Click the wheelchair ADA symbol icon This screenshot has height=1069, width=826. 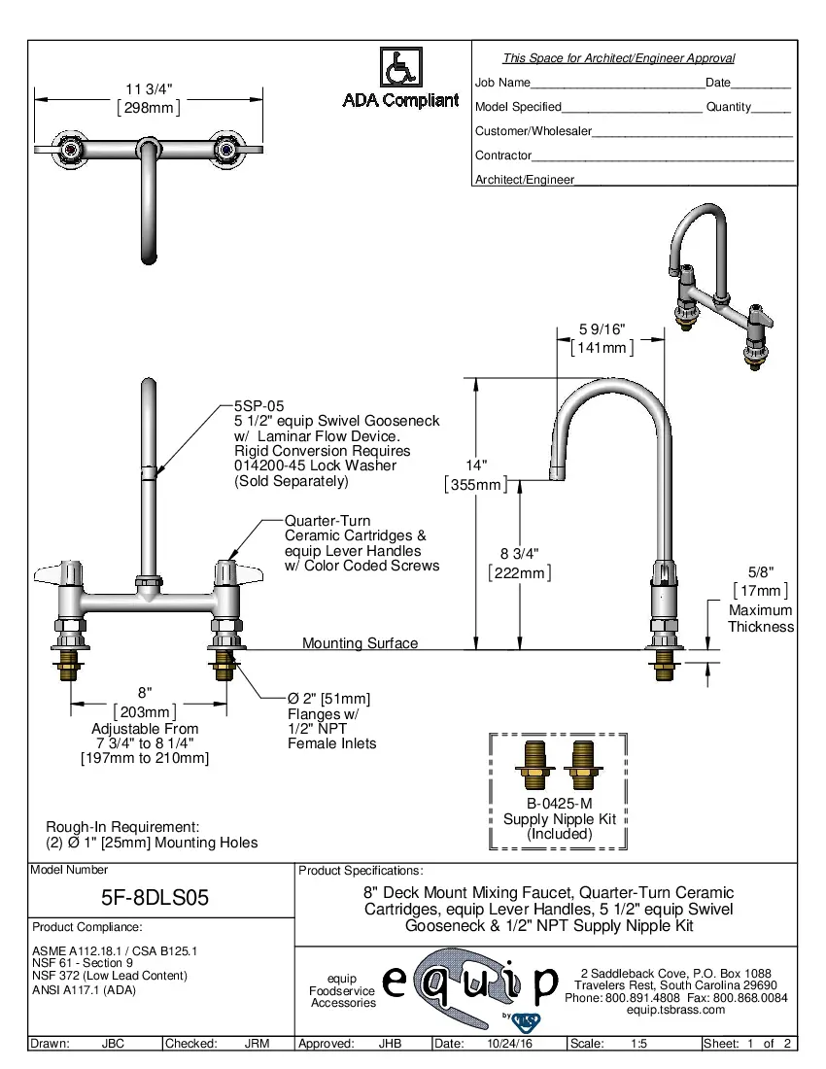pyautogui.click(x=399, y=68)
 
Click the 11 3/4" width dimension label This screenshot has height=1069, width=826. pyautogui.click(x=149, y=89)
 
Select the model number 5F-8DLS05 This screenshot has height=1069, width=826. pyautogui.click(x=155, y=897)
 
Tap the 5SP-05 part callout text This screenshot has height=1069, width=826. pyautogui.click(x=258, y=406)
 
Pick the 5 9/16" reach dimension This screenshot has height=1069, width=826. pyautogui.click(x=602, y=329)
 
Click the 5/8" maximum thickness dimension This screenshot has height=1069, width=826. pyautogui.click(x=760, y=572)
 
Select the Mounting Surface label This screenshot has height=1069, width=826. pyautogui.click(x=360, y=643)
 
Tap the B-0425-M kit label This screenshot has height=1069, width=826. pyautogui.click(x=559, y=804)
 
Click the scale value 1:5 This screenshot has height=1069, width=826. pyautogui.click(x=639, y=1044)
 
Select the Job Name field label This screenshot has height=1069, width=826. pyautogui.click(x=502, y=84)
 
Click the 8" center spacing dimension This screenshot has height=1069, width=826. pyautogui.click(x=145, y=693)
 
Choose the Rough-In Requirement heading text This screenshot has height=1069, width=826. pyautogui.click(x=122, y=826)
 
